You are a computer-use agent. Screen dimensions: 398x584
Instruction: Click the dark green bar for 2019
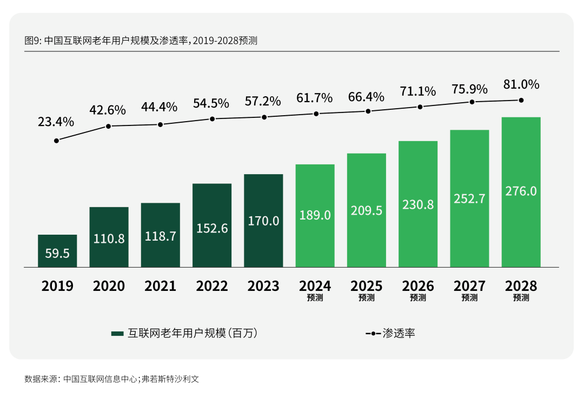coord(57,251)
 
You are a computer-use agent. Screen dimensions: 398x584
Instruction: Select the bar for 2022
coord(212,225)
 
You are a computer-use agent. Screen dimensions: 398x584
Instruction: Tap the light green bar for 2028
coord(521,192)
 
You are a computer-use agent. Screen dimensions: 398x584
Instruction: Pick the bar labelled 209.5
coord(367,210)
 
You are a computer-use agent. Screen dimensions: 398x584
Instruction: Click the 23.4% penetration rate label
coord(56,122)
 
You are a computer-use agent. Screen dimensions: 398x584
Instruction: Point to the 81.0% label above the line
coord(521,84)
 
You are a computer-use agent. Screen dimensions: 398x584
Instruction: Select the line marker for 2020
coord(108,126)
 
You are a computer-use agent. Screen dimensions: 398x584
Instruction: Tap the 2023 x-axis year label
coord(263,286)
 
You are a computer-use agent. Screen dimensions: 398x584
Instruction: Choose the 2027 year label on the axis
coord(469,286)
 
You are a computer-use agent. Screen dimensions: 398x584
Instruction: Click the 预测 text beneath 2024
coord(315,297)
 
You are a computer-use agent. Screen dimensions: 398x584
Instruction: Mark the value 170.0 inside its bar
coord(263,221)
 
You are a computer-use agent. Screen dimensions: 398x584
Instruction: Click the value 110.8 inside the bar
coord(109,238)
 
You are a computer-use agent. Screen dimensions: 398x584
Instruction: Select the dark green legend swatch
coord(117,334)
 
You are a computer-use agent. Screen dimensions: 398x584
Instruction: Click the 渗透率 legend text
coord(399,333)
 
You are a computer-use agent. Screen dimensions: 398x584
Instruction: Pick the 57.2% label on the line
coord(263,101)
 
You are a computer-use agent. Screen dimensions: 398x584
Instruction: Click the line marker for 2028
coord(521,100)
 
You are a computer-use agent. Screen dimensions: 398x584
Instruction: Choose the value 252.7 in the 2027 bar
coord(469,198)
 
